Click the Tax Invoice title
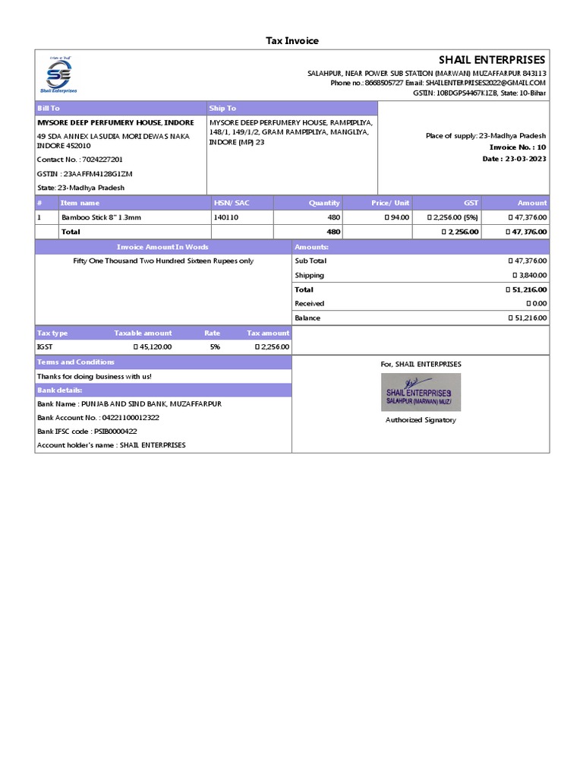click(x=291, y=41)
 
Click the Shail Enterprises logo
click(x=58, y=75)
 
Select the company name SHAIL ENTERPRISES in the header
click(x=492, y=60)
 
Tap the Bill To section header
click(x=49, y=109)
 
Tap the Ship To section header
click(x=222, y=109)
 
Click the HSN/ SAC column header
click(x=232, y=203)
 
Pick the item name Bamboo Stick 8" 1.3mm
click(x=101, y=217)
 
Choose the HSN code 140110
click(x=226, y=217)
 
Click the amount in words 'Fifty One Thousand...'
click(x=163, y=261)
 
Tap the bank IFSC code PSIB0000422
click(x=115, y=432)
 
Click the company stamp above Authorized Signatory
click(x=421, y=392)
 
